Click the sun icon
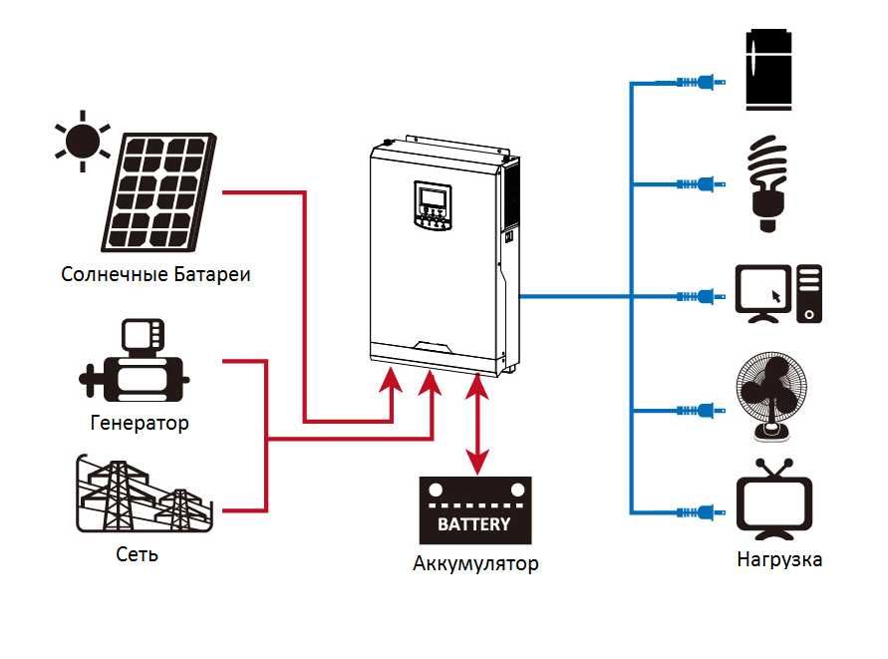[82, 140]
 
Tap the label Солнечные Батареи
[154, 274]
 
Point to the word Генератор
[140, 423]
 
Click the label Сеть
[137, 553]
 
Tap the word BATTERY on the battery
[474, 523]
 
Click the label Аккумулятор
[475, 564]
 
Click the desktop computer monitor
[762, 293]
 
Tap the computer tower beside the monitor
[809, 293]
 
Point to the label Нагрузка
[779, 559]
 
